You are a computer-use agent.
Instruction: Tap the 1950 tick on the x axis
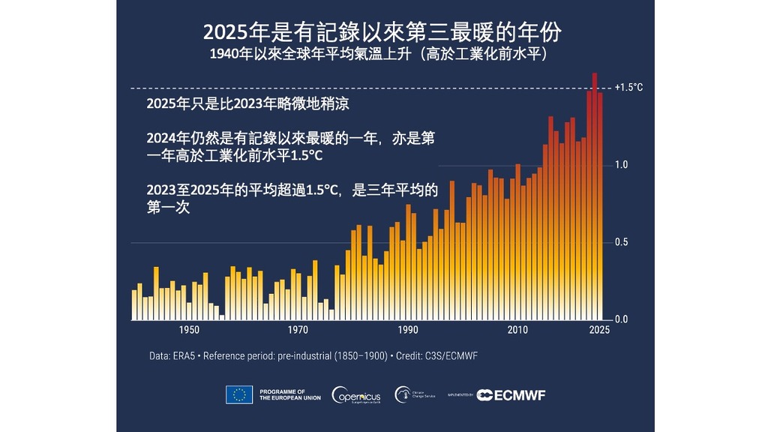[189, 330]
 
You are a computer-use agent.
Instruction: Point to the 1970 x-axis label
[298, 330]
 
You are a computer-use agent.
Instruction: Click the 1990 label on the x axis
[408, 330]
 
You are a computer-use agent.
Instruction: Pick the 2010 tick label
[517, 330]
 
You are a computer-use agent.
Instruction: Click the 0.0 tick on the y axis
[621, 319]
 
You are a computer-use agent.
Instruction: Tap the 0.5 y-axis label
[621, 242]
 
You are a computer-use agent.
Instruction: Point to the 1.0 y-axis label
[621, 165]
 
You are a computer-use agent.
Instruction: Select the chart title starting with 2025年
[383, 33]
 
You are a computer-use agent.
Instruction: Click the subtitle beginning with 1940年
[383, 55]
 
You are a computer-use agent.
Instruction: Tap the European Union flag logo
[238, 394]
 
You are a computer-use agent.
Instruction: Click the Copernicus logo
[358, 394]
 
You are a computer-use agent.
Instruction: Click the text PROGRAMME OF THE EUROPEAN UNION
[289, 394]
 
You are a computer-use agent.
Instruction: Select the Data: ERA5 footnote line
[313, 355]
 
